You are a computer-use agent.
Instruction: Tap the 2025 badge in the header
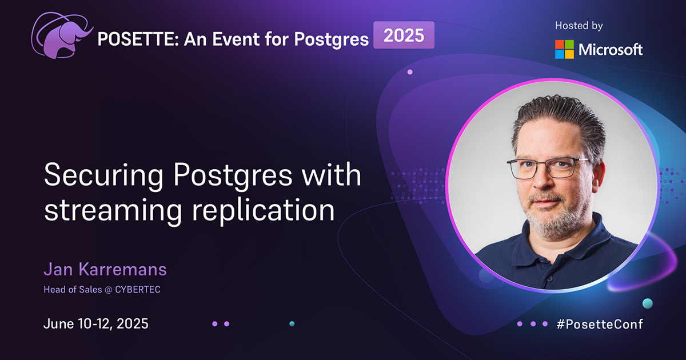(404, 35)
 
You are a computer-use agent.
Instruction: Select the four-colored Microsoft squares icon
(564, 50)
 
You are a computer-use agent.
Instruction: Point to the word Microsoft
(611, 50)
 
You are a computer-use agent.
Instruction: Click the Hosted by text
(579, 26)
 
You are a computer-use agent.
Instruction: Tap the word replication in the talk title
(262, 210)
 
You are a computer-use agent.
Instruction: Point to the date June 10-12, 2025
(95, 323)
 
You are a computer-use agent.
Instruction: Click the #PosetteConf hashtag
(599, 324)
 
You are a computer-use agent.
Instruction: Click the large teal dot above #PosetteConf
(647, 303)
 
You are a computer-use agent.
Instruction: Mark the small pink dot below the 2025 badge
(410, 72)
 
